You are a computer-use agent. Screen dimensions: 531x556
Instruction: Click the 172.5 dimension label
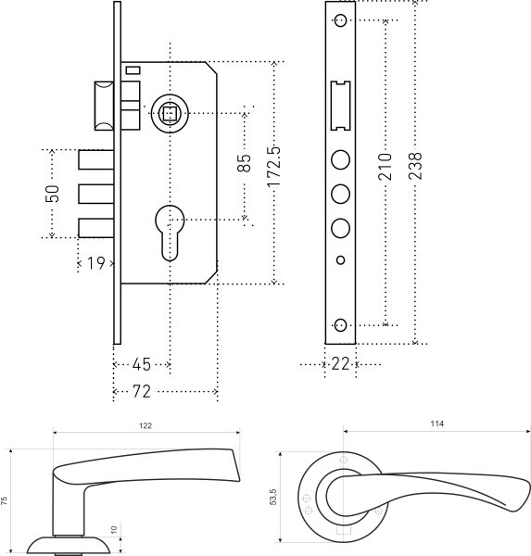point(273,167)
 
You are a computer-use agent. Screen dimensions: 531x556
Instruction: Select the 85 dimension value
point(244,163)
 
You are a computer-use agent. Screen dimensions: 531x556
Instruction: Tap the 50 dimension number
point(53,194)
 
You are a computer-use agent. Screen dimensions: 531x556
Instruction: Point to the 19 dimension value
point(95,263)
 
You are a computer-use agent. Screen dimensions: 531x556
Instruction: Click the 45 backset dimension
point(142,364)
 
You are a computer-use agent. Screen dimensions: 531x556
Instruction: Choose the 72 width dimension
point(142,391)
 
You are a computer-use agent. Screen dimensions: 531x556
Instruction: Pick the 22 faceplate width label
point(340,364)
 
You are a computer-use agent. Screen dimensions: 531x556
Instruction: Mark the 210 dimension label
point(386,167)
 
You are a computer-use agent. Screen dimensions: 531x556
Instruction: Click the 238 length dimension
point(415,166)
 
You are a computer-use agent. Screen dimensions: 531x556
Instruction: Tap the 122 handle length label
point(145,426)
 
